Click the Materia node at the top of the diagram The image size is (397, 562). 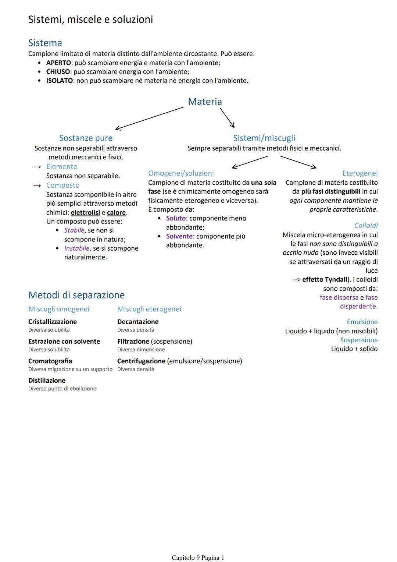pos(205,102)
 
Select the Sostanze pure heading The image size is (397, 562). pos(86,138)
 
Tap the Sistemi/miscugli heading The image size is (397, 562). pos(264,138)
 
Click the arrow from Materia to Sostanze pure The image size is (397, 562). pos(150,118)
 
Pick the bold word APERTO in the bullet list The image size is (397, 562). pos(58,63)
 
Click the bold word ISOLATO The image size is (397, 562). pos(59,81)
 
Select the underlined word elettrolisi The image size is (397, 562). pos(85,213)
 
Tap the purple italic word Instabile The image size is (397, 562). pos(77,248)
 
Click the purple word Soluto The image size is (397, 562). pos(176,218)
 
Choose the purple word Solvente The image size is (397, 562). pos(179,236)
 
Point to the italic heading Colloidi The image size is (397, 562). pos(366,226)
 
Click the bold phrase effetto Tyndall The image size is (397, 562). pos(325,280)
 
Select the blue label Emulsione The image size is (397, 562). pos(362,322)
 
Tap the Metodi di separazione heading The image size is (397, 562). pos(76,295)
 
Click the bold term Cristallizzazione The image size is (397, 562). pos(53,322)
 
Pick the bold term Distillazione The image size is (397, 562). pos(47,381)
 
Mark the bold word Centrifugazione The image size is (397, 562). pos(141,361)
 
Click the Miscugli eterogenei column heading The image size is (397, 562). pos(149,309)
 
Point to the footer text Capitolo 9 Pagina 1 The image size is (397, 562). pos(198,558)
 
